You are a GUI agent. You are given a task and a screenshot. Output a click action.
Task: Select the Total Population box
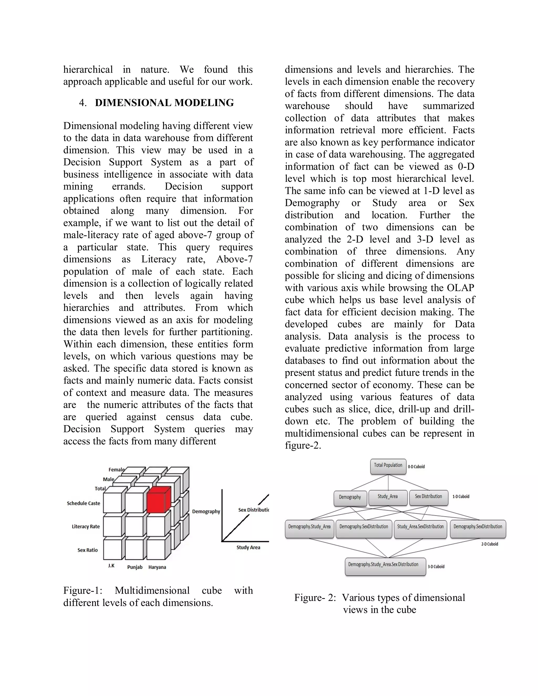tap(388, 466)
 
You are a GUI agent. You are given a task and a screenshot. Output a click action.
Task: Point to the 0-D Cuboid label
tap(416, 466)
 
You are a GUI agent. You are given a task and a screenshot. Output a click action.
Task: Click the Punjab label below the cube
tap(135, 567)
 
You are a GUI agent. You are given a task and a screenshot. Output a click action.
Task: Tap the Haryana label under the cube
tap(157, 567)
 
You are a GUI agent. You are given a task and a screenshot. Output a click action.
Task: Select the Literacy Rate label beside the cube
tap(86, 526)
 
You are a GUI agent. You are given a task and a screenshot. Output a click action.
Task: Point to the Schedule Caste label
tap(84, 503)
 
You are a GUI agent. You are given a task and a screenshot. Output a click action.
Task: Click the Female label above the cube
tap(116, 469)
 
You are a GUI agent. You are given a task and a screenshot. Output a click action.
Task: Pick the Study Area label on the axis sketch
tap(248, 548)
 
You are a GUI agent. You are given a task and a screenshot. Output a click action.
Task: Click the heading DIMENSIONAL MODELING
tap(164, 103)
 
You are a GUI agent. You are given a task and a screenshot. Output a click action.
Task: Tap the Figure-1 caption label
tap(82, 590)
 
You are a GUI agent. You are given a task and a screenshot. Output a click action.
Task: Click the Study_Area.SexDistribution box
tap(420, 528)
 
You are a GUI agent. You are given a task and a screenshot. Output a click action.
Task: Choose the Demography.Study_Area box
tap(309, 528)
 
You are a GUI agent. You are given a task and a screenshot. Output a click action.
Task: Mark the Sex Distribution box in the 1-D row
tap(428, 497)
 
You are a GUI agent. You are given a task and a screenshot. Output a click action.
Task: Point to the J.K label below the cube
tap(111, 566)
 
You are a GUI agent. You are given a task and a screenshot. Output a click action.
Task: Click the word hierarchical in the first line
tap(88, 70)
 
